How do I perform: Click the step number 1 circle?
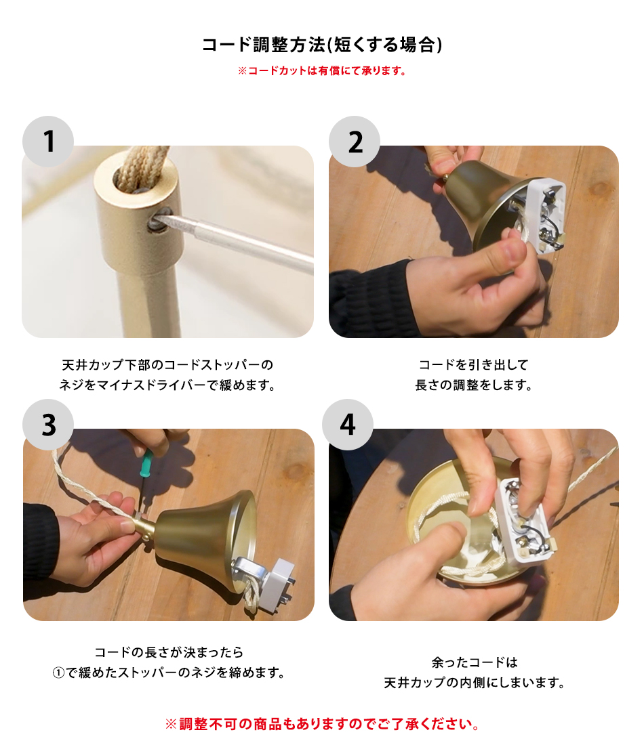point(48,142)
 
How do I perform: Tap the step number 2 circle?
point(355,142)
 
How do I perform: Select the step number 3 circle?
point(48,425)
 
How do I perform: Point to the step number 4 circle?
point(348,425)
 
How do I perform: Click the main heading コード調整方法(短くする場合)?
point(322,45)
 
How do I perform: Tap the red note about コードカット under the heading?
point(322,71)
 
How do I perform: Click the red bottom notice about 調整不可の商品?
point(322,724)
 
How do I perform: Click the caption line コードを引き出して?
point(473,364)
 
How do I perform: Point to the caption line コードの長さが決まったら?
point(169,652)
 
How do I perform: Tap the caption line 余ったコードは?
point(475,662)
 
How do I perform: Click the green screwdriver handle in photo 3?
point(146,463)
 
